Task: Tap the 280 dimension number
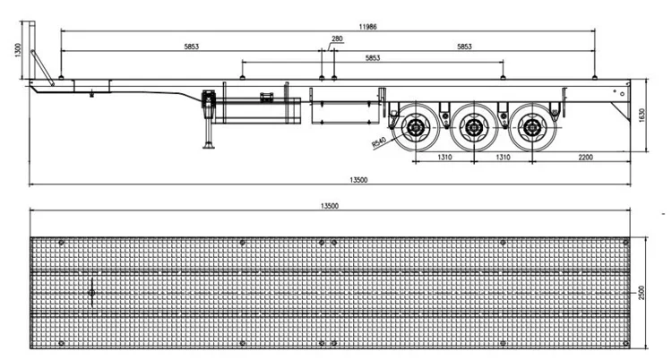coord(336,39)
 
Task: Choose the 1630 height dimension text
coord(642,115)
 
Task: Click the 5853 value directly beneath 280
coord(372,57)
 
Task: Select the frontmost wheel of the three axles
coord(416,130)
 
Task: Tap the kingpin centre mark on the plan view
coord(91,290)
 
